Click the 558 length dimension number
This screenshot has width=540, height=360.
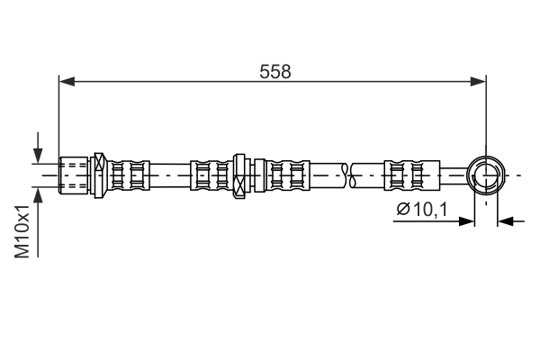[275, 72]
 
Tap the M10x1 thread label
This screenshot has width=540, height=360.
[22, 230]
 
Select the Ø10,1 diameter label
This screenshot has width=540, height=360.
[422, 209]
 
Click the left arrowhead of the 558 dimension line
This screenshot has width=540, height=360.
[67, 82]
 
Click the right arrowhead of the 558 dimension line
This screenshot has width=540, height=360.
[479, 82]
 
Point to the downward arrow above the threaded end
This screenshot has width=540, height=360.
[38, 148]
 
